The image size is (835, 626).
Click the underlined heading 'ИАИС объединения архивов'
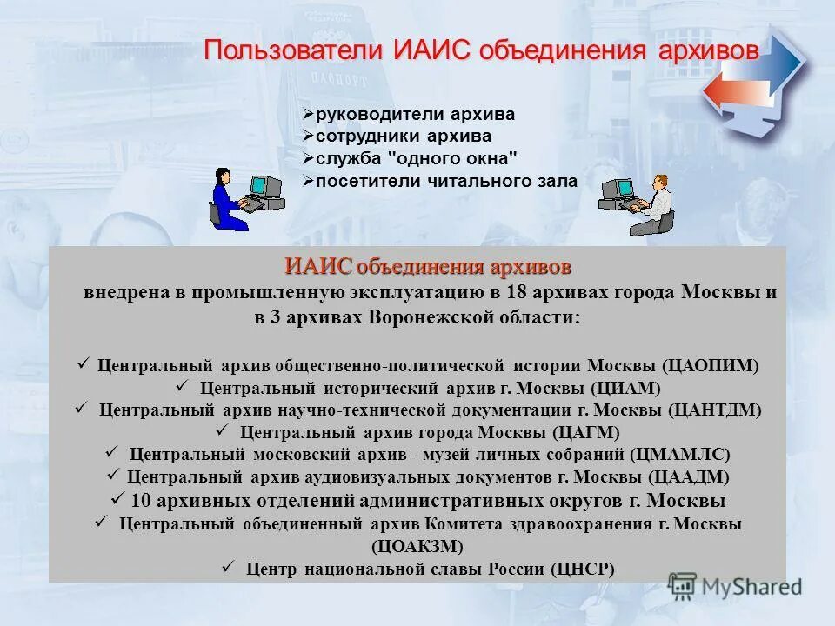point(428,265)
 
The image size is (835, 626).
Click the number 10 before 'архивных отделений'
point(142,501)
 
